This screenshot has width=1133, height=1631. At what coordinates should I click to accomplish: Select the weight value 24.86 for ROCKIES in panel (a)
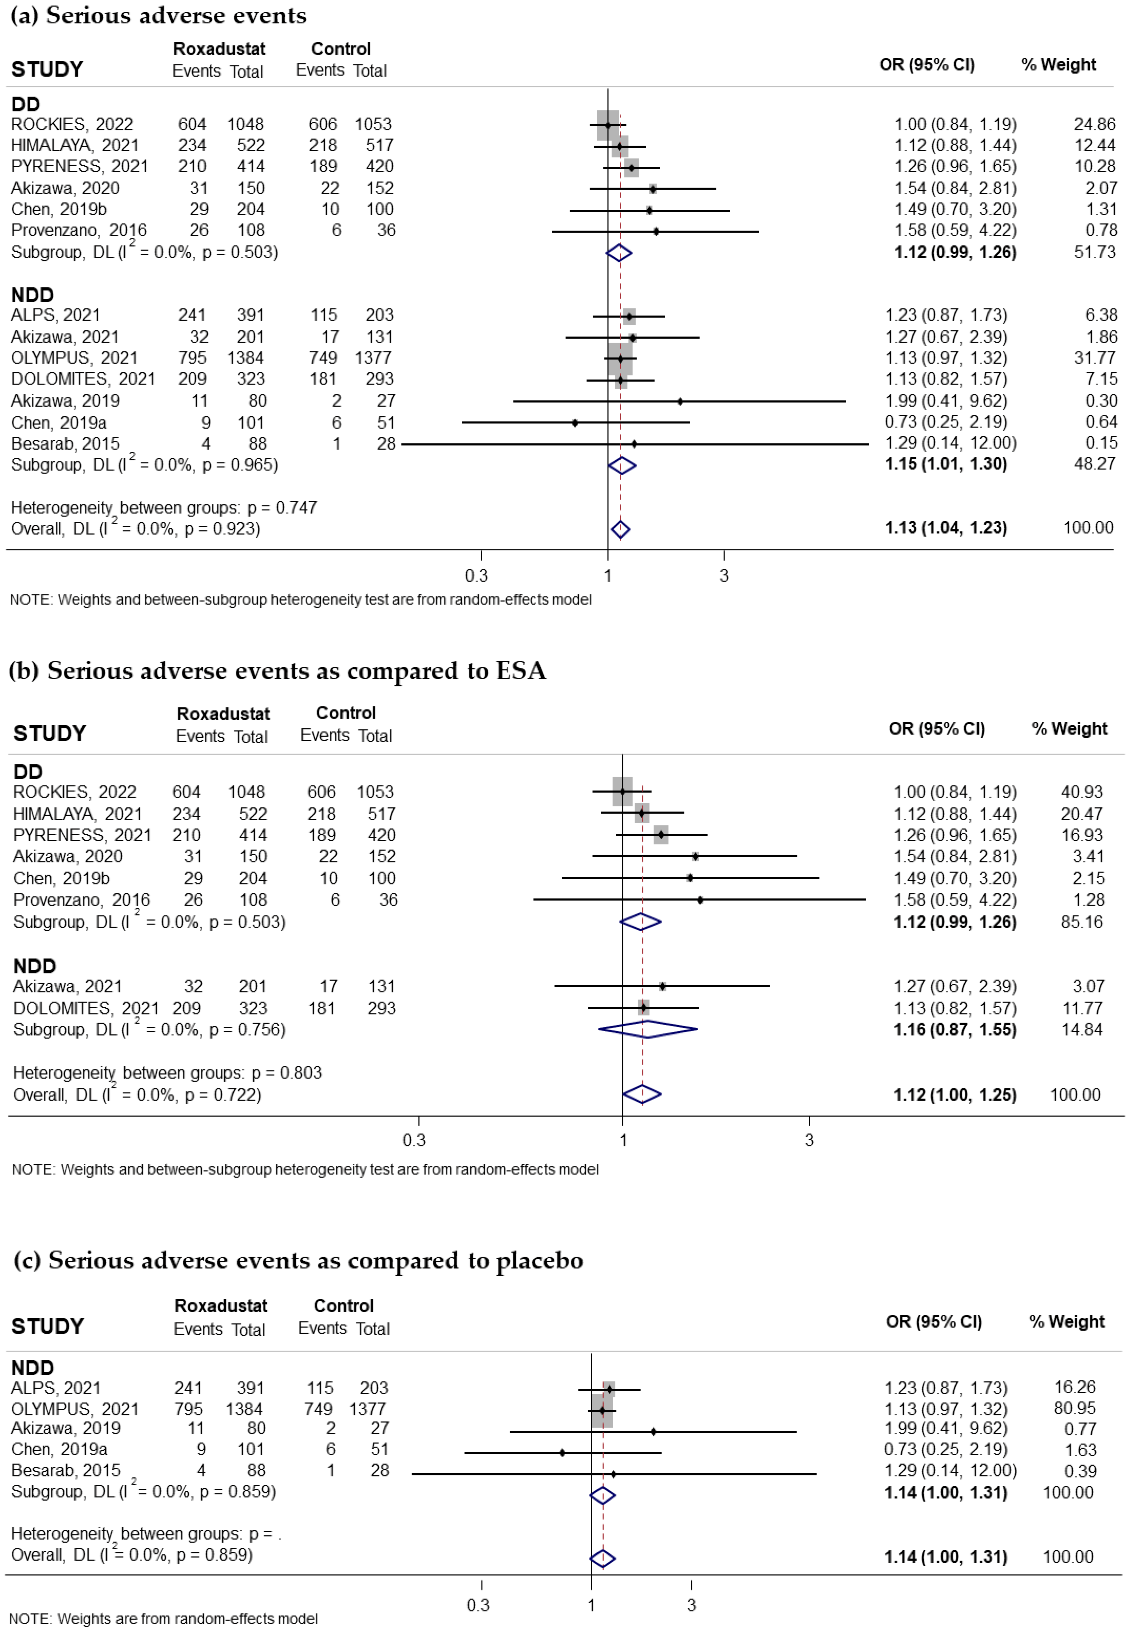pyautogui.click(x=1094, y=124)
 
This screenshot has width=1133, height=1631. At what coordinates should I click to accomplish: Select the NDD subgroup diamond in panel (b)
pyautogui.click(x=647, y=1029)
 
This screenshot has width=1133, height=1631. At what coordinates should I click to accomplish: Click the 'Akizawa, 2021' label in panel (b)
pyautogui.click(x=68, y=986)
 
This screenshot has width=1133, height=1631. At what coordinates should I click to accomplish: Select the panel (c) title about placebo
pyautogui.click(x=298, y=1260)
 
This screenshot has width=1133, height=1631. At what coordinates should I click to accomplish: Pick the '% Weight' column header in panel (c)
pyautogui.click(x=1066, y=1321)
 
